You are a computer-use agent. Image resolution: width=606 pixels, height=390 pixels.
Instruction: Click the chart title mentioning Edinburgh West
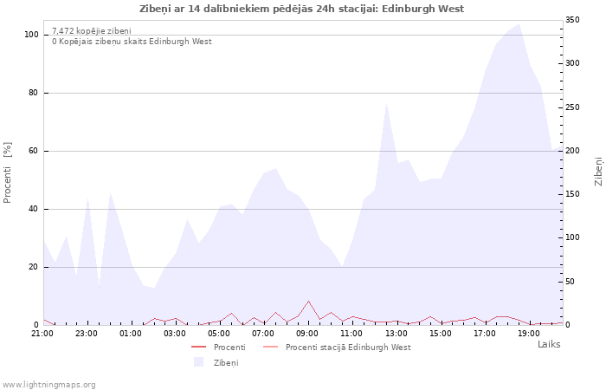pos(301,9)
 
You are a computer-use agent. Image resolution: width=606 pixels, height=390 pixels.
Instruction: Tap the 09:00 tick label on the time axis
pos(307,333)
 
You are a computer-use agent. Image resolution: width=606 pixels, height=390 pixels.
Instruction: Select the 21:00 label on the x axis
pos(42,333)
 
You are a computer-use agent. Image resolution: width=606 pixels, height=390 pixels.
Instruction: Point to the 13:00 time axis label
pos(396,333)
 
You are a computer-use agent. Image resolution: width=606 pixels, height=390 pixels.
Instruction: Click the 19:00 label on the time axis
pos(529,333)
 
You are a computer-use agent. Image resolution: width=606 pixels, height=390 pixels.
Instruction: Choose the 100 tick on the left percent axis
pos(31,35)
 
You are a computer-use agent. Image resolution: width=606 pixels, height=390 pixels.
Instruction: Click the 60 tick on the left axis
pos(34,151)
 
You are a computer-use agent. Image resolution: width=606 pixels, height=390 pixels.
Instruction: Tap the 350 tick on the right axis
pos(572,20)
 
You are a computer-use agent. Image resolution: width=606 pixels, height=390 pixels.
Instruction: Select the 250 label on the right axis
pos(572,107)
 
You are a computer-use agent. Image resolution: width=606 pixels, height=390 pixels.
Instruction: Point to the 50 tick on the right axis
pos(570,282)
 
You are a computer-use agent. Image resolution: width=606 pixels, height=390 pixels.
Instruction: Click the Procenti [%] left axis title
pos(7,172)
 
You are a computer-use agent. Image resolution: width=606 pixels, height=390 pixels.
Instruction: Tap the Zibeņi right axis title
pos(598,172)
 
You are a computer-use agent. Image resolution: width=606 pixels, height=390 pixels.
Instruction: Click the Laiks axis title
pos(549,344)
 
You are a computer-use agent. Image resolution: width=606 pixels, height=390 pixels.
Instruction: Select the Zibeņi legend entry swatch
pos(198,362)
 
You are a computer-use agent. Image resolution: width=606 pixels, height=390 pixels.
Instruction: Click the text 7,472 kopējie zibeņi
pos(92,31)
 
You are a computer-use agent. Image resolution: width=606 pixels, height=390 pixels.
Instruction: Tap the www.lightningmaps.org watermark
pos(48,385)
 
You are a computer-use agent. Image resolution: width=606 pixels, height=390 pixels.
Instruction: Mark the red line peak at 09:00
pos(308,301)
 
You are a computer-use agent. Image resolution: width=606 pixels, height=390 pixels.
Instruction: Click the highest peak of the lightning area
pos(519,23)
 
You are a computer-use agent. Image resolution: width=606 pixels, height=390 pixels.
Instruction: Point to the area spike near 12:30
pos(386,103)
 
